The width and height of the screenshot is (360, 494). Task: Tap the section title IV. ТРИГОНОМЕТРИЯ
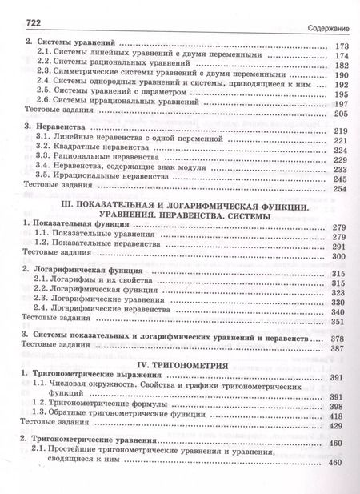[x=180, y=363]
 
